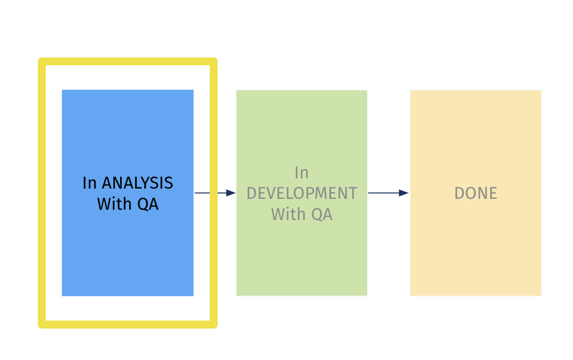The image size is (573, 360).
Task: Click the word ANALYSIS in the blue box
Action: click(x=137, y=183)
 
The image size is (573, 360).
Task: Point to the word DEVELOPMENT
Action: click(x=301, y=193)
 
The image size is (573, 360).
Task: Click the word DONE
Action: click(x=476, y=193)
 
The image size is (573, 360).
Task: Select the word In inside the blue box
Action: click(x=89, y=183)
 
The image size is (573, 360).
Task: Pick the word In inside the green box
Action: click(x=301, y=172)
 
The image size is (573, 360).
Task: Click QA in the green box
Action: click(x=321, y=214)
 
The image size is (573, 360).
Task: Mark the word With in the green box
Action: click(x=289, y=214)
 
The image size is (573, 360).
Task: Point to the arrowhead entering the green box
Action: click(x=231, y=193)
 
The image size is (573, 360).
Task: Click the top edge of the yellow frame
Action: click(x=128, y=61)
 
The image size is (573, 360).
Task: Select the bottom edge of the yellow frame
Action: click(x=128, y=325)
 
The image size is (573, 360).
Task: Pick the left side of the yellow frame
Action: click(x=42, y=193)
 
